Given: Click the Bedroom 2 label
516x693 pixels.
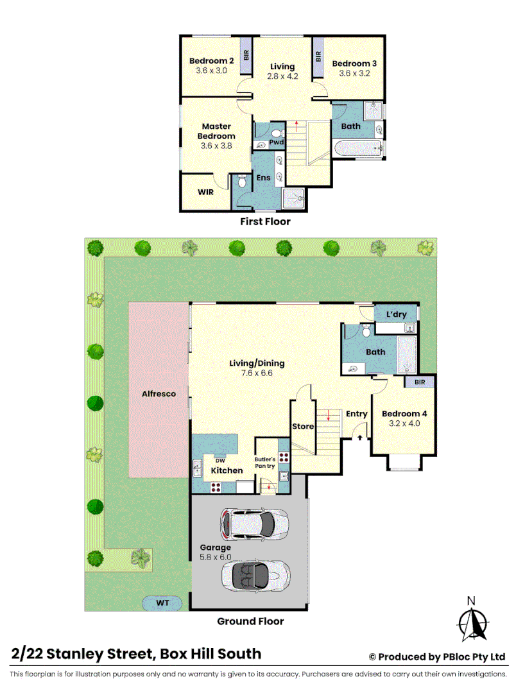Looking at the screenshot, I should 211,61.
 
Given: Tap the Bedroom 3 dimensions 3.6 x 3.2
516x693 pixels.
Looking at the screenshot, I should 354,73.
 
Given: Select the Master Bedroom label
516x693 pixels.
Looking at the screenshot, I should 216,131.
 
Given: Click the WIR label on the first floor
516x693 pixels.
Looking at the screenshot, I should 205,191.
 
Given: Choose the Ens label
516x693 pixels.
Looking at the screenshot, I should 263,178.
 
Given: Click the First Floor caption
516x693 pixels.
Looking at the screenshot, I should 266,221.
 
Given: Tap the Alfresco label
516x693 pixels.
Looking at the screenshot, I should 159,393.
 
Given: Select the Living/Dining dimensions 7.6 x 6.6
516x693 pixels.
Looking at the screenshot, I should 257,372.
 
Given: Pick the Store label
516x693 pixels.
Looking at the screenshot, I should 302,426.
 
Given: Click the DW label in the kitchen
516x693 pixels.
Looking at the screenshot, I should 219,460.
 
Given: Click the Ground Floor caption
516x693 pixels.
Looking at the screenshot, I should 250,621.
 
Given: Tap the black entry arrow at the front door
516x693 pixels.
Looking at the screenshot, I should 360,438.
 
